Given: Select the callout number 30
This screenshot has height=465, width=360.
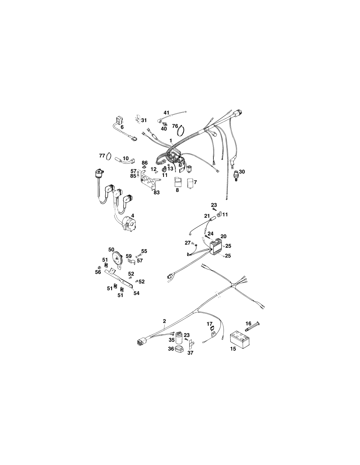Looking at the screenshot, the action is [242, 172].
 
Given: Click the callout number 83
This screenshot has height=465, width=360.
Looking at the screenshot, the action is [157, 192].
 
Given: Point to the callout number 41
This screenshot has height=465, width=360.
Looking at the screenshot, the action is [166, 112].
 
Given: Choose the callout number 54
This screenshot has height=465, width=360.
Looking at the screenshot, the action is [136, 293].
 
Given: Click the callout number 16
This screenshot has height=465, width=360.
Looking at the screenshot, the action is [248, 324].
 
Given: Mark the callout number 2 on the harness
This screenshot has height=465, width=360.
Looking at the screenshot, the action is [165, 321].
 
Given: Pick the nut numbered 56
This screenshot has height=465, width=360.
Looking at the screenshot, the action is [99, 267].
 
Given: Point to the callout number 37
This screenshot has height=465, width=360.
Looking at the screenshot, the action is [190, 353].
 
